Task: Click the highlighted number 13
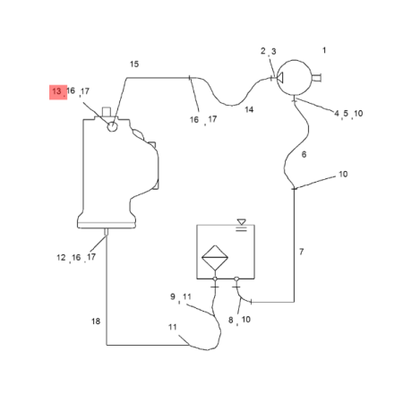[x=56, y=91]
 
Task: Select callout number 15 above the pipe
[x=134, y=64]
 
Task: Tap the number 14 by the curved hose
[x=249, y=109]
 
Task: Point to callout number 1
[x=324, y=50]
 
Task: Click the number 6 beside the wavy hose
[x=304, y=154]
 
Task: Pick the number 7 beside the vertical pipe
[x=302, y=252]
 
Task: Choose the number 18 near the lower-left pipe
[x=96, y=322]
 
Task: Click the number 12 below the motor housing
[x=61, y=257]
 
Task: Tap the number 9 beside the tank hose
[x=173, y=296]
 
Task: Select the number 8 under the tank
[x=231, y=320]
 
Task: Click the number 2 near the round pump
[x=263, y=51]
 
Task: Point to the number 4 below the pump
[x=337, y=114]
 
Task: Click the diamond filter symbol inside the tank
[x=215, y=257]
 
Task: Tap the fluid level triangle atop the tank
[x=242, y=222]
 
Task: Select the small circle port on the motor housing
[x=112, y=126]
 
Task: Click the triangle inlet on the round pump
[x=280, y=78]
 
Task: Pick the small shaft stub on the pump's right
[x=316, y=78]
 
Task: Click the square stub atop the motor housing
[x=107, y=112]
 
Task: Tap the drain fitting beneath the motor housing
[x=106, y=232]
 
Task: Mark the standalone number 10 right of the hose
[x=343, y=175]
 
